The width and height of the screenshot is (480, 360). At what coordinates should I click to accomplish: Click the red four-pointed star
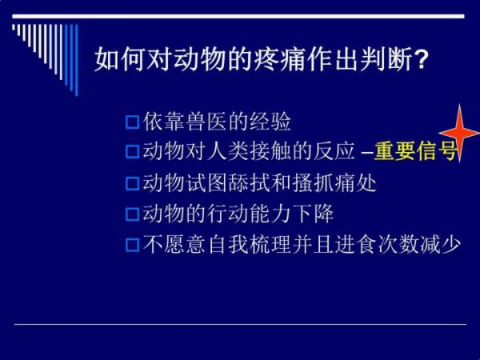coord(459,133)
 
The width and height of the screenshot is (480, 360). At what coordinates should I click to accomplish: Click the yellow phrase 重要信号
coord(414,151)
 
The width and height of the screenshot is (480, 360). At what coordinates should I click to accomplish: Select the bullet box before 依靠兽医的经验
coord(133,122)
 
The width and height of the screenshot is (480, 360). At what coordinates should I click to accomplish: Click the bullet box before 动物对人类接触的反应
coord(133,151)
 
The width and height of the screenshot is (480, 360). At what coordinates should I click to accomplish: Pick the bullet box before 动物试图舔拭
coord(133,183)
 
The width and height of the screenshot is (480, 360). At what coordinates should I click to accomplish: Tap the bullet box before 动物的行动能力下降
coord(133,214)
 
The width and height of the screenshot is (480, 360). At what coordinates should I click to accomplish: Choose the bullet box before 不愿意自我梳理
coord(133,245)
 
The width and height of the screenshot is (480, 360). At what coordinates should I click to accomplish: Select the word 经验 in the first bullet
coord(270,122)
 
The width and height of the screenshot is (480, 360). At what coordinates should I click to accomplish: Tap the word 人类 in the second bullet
coord(228,151)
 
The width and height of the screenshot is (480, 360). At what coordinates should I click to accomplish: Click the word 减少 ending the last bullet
coord(441,245)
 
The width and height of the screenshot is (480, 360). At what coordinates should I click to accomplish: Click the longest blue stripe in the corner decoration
coord(77,60)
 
